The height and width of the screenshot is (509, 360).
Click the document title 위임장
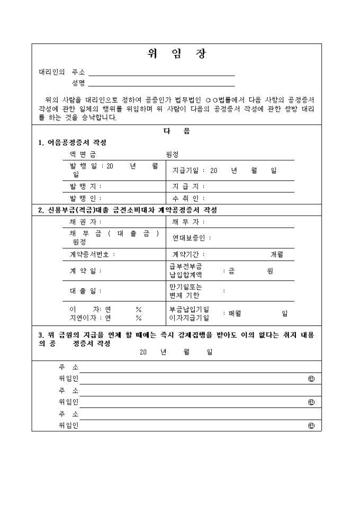pos(176,54)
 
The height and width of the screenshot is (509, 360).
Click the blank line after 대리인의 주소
pos(161,73)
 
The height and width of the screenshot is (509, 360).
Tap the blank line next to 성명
pos(161,83)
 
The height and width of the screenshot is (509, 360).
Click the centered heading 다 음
pos(176,132)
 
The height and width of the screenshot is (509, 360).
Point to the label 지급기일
pos(185,170)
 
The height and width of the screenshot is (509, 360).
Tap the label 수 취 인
pos(185,198)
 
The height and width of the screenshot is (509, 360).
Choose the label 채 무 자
pos(185,222)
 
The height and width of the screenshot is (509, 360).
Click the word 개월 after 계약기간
pos(277,254)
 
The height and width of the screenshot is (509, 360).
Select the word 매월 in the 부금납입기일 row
pos(235,313)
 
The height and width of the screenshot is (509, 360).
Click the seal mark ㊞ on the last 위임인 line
pos(311,425)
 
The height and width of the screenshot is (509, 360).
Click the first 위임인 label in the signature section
pos(69,378)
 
